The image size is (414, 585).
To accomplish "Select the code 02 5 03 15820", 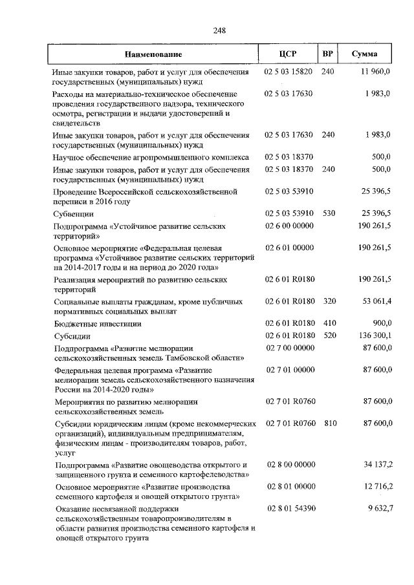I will point(289,71).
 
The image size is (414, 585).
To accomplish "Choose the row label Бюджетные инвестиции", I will point(96,323).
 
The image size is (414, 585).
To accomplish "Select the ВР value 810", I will point(330,423).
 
